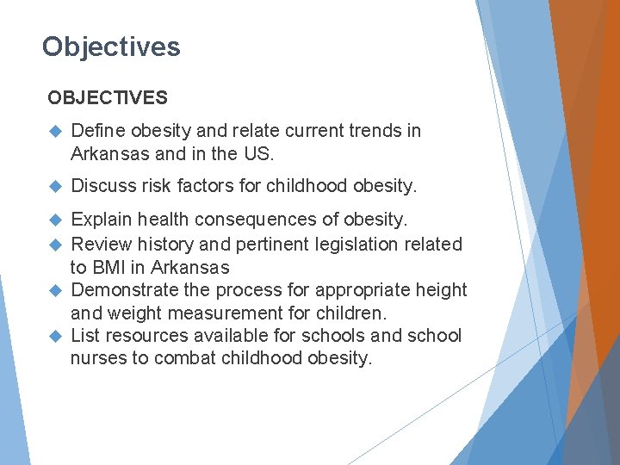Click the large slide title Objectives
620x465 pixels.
click(111, 46)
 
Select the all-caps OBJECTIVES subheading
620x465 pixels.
click(108, 98)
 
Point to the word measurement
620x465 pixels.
click(263, 313)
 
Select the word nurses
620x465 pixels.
click(98, 358)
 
